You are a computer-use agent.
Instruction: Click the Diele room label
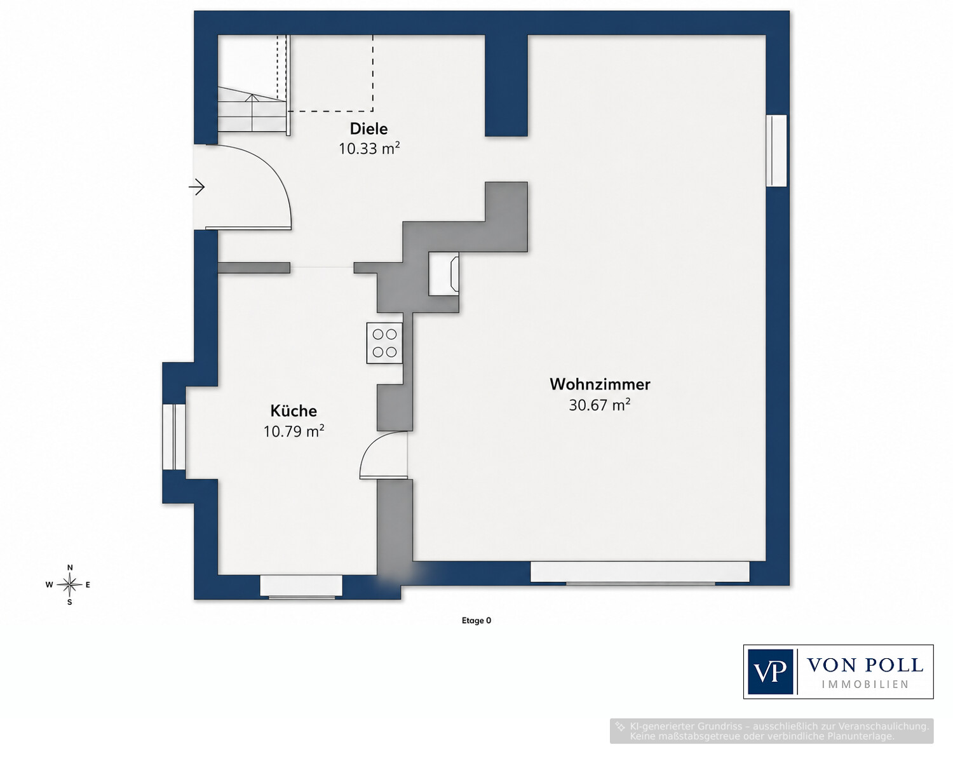click(368, 129)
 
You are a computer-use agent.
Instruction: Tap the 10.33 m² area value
click(369, 149)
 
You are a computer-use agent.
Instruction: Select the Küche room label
click(294, 411)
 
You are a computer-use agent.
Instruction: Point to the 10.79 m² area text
click(294, 431)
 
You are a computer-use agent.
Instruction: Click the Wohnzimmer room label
click(600, 384)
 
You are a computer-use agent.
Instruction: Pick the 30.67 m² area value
click(600, 405)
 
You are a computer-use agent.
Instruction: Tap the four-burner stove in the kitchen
click(384, 343)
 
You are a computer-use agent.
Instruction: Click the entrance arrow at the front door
click(196, 187)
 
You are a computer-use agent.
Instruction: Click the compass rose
click(69, 584)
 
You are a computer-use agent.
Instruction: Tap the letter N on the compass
click(69, 568)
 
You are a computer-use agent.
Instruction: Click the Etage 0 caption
click(476, 621)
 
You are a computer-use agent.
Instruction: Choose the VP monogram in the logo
click(770, 672)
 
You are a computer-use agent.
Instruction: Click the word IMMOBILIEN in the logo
click(865, 685)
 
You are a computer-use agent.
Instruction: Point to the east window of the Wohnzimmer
click(776, 151)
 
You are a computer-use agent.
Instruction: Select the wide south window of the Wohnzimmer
click(640, 573)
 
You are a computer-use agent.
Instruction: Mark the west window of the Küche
click(174, 436)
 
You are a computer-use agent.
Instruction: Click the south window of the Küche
click(301, 586)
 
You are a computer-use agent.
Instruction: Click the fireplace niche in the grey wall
click(443, 274)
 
